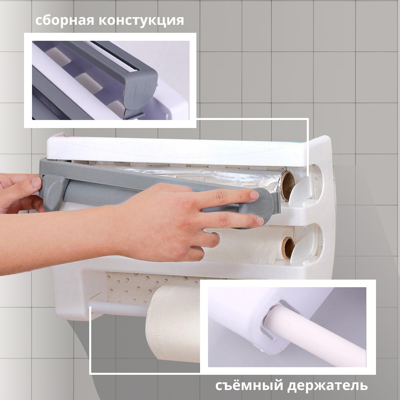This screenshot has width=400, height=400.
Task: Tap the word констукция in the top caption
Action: (x=141, y=20)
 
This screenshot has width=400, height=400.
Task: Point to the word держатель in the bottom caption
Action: (x=328, y=386)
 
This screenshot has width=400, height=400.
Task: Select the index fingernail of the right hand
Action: (x=254, y=195)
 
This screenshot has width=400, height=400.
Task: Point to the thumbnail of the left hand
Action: (x=36, y=183)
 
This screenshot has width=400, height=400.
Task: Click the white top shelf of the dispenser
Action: (x=176, y=150)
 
